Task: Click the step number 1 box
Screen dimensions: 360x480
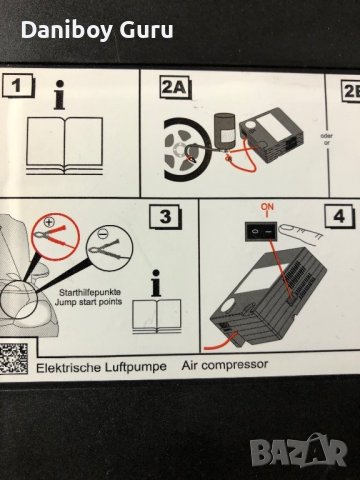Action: coord(18,86)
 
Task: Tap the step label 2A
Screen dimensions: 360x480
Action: coord(176,88)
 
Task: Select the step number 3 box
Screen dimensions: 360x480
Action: coord(165,217)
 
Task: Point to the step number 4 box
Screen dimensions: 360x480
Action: coord(339,217)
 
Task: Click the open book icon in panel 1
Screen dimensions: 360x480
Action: coord(64,146)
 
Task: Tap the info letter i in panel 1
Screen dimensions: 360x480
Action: coord(59,95)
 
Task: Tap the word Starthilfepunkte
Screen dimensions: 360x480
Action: coord(90,292)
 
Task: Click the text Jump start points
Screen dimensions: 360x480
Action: coord(88,302)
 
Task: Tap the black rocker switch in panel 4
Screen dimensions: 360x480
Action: coord(261,231)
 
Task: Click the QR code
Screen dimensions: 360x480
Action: coord(14,358)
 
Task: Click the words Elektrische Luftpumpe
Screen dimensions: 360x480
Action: coord(101,367)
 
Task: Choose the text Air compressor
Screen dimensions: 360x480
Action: coord(225,365)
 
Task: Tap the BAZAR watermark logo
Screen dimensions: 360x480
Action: coord(299,450)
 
